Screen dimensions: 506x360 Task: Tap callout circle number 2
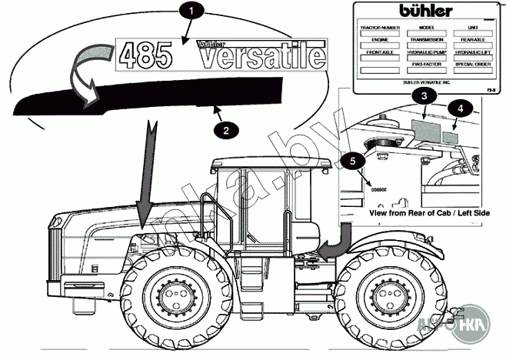point(225,131)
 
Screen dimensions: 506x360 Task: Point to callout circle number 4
point(459,108)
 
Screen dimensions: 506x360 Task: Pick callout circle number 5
point(353,161)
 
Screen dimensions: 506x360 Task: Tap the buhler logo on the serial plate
point(425,11)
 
